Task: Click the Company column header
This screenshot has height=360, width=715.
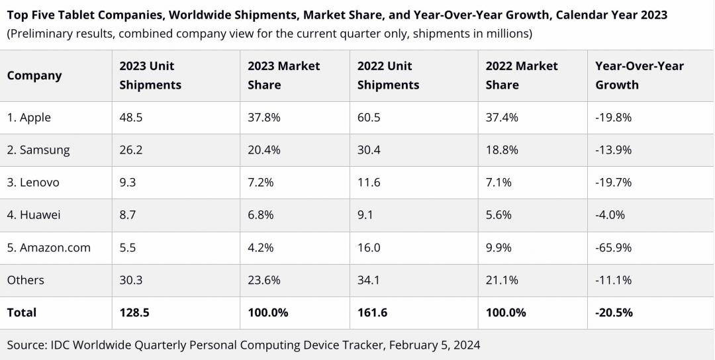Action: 34,75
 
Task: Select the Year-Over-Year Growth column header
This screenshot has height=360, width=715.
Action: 639,75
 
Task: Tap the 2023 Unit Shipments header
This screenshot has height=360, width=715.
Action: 150,75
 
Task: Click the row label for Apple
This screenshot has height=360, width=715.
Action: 28,118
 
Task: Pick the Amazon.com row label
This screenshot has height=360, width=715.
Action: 48,247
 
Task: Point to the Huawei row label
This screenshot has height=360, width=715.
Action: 34,215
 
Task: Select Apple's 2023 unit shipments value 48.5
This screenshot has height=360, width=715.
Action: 131,118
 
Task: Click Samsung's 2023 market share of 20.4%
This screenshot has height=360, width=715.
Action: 263,150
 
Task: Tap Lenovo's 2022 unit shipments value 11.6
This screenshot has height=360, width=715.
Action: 369,183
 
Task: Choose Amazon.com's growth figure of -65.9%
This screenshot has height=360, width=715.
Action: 613,247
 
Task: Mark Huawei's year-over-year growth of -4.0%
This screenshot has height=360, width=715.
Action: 610,215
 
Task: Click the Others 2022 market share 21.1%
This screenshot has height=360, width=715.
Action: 502,280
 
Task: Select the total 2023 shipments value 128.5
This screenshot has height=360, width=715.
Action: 134,312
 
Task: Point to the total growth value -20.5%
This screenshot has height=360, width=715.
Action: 614,312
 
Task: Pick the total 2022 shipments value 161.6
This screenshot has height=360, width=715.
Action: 372,312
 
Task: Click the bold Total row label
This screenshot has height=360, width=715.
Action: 22,312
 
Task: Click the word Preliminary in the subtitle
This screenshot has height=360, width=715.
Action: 43,33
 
